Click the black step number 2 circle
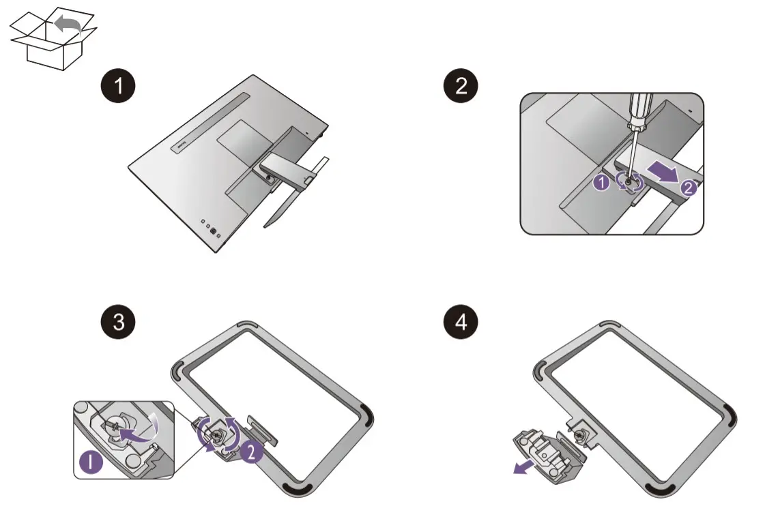461,87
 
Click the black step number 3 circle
118,322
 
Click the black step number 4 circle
461,322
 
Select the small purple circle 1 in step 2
601,183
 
